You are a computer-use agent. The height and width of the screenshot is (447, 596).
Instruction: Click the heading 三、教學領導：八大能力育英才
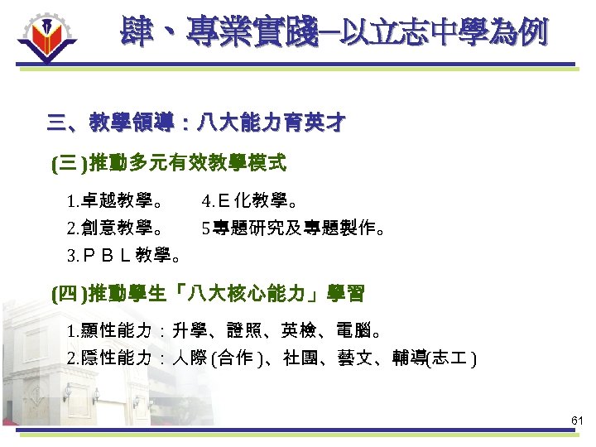pos(196,124)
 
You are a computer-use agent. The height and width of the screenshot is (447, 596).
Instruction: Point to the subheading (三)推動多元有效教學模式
pos(169,163)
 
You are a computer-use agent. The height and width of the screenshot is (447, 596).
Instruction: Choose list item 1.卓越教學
pos(115,200)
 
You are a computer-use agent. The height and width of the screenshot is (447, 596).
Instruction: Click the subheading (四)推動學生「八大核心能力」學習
pos(208,293)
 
